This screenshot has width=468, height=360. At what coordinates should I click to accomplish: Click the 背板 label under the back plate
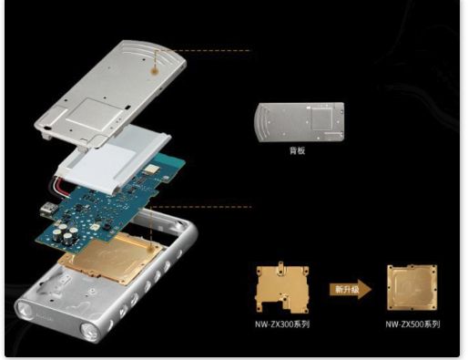(297, 150)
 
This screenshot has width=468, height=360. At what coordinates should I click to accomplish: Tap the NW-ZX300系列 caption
(282, 324)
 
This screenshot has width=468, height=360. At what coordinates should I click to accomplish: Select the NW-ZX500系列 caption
(412, 324)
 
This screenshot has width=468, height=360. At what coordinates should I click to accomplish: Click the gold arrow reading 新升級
(351, 289)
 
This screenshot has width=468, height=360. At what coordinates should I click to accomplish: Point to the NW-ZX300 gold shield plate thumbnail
(282, 287)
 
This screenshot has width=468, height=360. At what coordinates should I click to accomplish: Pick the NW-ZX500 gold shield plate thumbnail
(412, 287)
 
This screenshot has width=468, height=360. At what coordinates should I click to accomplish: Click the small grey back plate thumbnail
(300, 122)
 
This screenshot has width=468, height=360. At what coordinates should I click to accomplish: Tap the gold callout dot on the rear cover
(155, 71)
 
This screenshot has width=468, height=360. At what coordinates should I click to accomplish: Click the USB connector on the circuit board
(48, 210)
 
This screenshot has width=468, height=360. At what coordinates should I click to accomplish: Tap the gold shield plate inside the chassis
(111, 258)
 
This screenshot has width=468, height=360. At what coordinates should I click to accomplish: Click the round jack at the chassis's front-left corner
(25, 311)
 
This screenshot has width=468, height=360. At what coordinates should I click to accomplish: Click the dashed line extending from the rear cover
(204, 50)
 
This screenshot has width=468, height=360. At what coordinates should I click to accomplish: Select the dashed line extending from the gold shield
(201, 207)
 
